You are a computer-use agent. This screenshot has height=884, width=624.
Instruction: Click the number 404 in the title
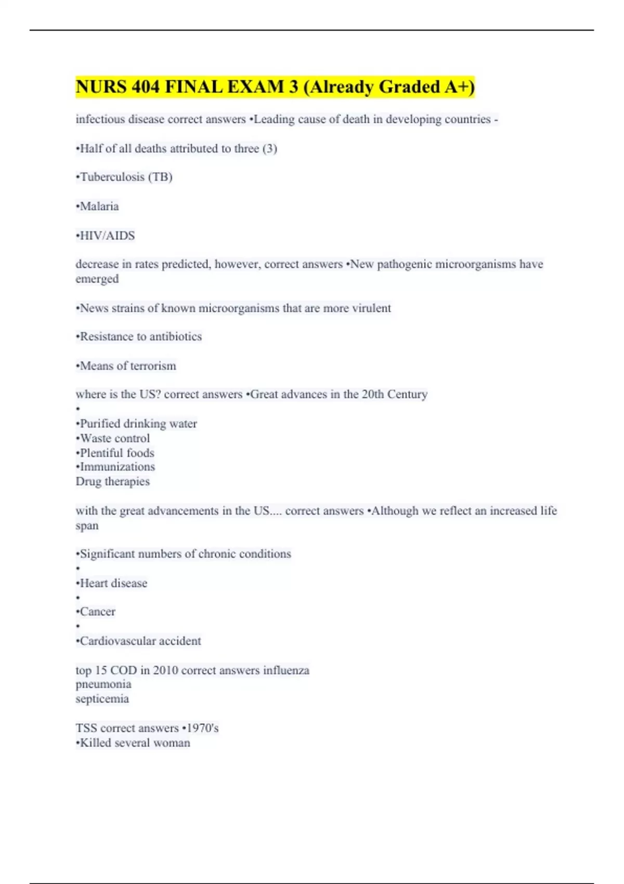click(145, 87)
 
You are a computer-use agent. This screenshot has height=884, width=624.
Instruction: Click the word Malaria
click(99, 206)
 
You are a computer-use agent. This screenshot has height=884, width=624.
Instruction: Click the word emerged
click(97, 279)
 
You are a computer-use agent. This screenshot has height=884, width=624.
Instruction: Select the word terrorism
click(153, 366)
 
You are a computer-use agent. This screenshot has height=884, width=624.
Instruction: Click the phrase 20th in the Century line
click(373, 394)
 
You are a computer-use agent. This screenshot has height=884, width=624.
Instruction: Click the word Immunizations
click(117, 467)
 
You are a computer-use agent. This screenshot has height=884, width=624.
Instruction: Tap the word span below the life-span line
click(87, 526)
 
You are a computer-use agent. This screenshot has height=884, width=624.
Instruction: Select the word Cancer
click(97, 612)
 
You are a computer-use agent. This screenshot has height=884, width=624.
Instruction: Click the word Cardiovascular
click(118, 641)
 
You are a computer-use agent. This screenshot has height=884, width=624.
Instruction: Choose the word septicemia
click(102, 699)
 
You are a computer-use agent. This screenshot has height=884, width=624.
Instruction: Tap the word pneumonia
click(103, 684)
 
